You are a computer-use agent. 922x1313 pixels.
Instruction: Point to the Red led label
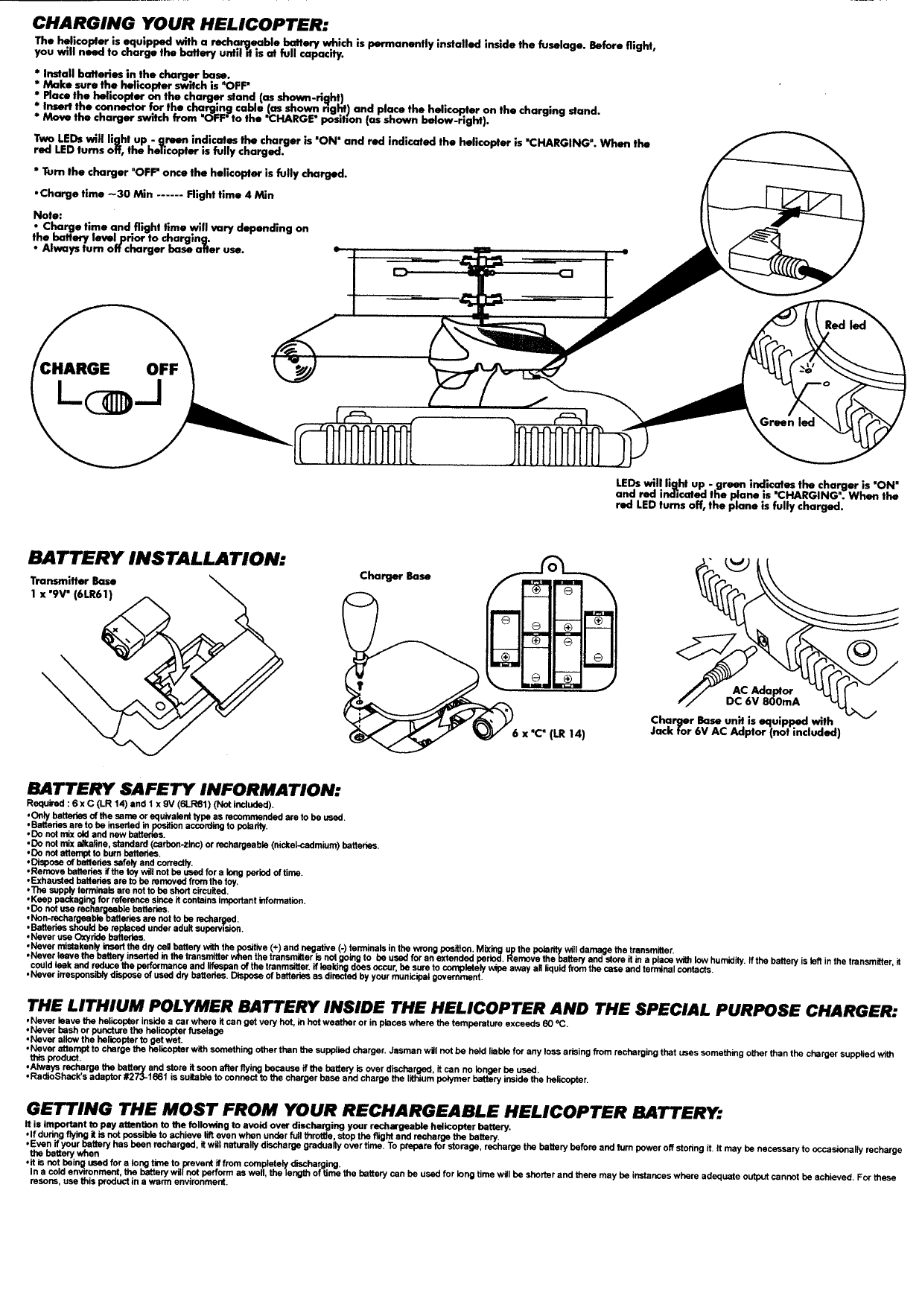[x=845, y=325]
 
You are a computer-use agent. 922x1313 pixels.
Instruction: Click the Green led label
[x=786, y=422]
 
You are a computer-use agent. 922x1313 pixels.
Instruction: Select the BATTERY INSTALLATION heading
[x=156, y=558]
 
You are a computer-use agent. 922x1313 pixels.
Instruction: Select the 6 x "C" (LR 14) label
[x=547, y=734]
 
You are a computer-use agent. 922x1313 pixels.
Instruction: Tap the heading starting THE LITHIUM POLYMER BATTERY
[x=461, y=1008]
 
